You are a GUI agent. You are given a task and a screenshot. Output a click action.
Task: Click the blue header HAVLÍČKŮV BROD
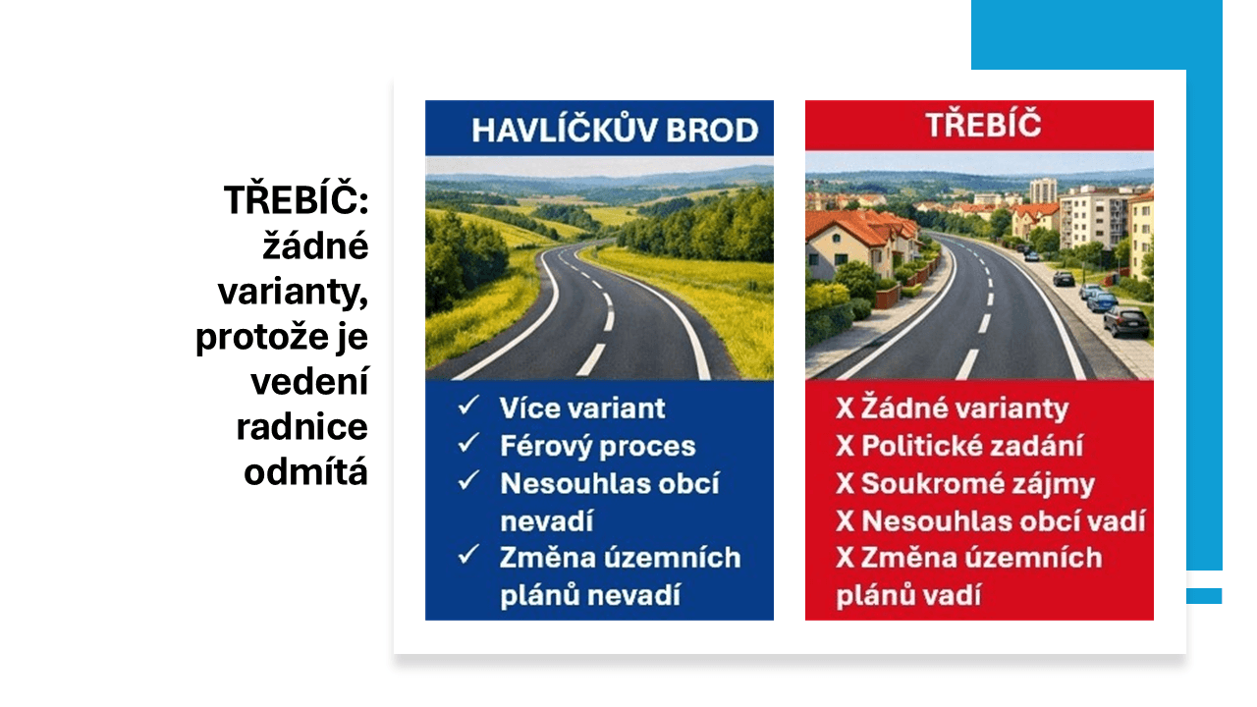[615, 130]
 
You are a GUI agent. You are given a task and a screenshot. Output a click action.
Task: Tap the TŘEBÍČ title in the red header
[983, 124]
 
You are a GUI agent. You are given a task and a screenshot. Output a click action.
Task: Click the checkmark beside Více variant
[468, 405]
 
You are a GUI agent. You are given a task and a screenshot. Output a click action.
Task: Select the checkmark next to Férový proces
[468, 443]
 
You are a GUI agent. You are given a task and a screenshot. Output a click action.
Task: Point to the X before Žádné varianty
[845, 408]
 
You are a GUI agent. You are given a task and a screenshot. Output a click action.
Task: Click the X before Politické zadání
[845, 446]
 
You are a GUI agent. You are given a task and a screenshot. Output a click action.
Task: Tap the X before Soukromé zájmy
[845, 484]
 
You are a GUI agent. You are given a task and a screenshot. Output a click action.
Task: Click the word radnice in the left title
[301, 427]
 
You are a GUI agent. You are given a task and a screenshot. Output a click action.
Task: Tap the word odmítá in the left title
[305, 472]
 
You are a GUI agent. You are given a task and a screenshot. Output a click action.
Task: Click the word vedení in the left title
[309, 382]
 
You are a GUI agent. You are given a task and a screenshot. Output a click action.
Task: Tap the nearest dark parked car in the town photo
[1126, 321]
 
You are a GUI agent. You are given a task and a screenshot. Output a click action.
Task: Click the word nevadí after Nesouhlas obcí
[547, 521]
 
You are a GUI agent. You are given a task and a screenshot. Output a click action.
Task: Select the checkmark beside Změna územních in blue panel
[468, 555]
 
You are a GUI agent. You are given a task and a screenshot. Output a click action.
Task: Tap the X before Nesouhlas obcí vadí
[845, 521]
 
